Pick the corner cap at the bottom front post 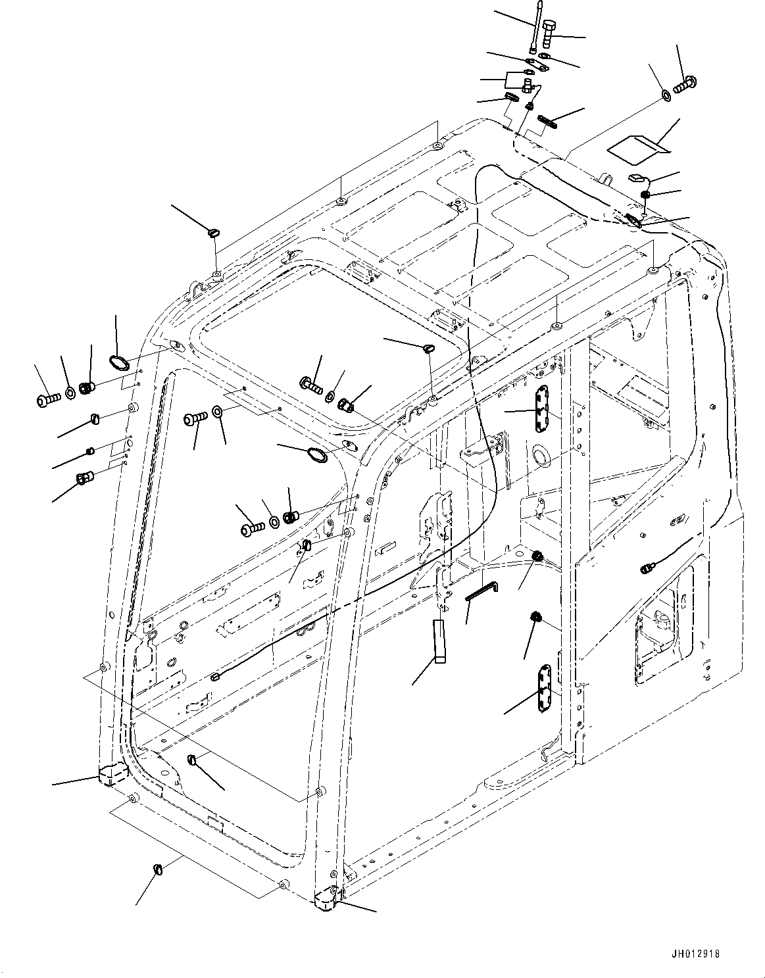pyautogui.click(x=327, y=899)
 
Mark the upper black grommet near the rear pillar pyautogui.click(x=537, y=557)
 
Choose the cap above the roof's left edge pyautogui.click(x=214, y=232)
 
